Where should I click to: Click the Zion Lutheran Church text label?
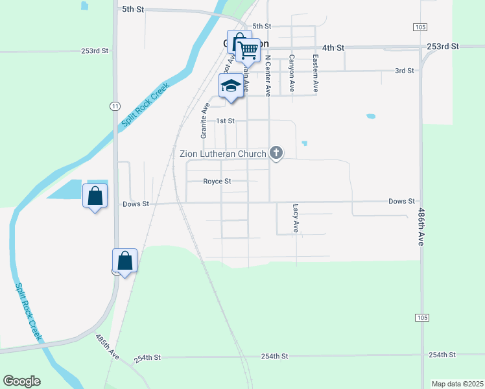[x=223, y=154]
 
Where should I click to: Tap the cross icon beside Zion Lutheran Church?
[x=276, y=153]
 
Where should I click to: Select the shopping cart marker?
[x=248, y=50]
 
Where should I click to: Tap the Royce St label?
[x=217, y=182]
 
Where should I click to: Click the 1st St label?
[x=224, y=121]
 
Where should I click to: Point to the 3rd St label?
[x=404, y=71]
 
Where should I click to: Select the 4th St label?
[x=333, y=48]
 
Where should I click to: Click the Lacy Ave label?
[x=296, y=218]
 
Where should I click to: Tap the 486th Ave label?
[x=421, y=226]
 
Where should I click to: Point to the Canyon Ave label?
[x=292, y=72]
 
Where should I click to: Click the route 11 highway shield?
[x=114, y=106]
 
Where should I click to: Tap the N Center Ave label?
[x=267, y=75]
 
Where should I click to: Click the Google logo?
[x=21, y=381]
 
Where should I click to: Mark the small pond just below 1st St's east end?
[x=304, y=143]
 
